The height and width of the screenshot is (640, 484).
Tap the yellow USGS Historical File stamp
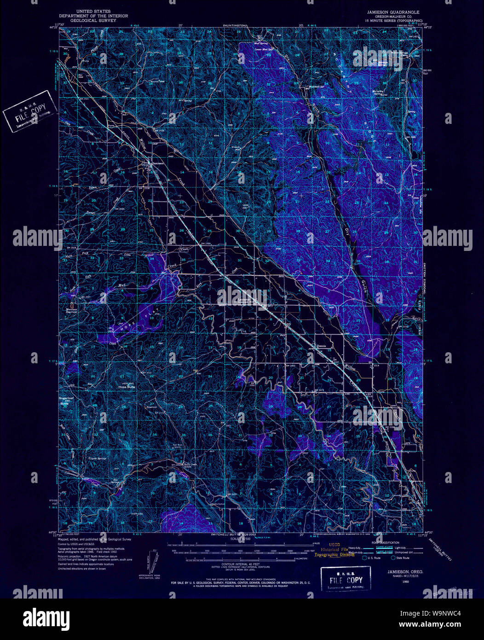334,552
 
